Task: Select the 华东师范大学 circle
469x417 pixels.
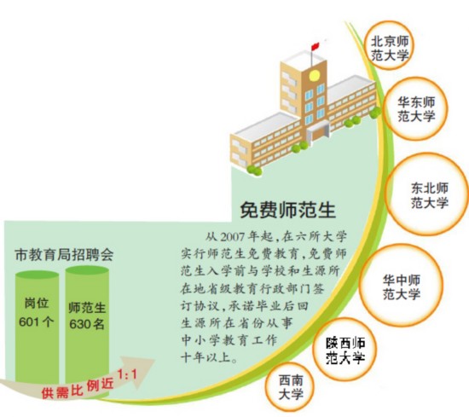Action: [x=415, y=108]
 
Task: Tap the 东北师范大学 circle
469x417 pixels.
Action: [x=428, y=194]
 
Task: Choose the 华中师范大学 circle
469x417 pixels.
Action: [x=401, y=285]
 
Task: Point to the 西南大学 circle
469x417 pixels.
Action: [x=291, y=387]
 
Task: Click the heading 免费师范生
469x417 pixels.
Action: [x=287, y=210]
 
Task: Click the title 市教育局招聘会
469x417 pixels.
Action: [x=64, y=255]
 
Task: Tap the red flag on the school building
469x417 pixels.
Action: [x=315, y=46]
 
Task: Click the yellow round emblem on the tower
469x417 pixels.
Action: [x=314, y=75]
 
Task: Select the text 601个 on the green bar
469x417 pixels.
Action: [x=36, y=321]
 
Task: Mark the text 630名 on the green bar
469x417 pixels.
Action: [x=87, y=324]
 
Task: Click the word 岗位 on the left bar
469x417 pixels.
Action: [x=36, y=303]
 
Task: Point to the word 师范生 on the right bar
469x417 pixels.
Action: [x=87, y=308]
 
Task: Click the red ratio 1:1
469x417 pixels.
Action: [x=127, y=374]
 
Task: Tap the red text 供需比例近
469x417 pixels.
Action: [x=78, y=388]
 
